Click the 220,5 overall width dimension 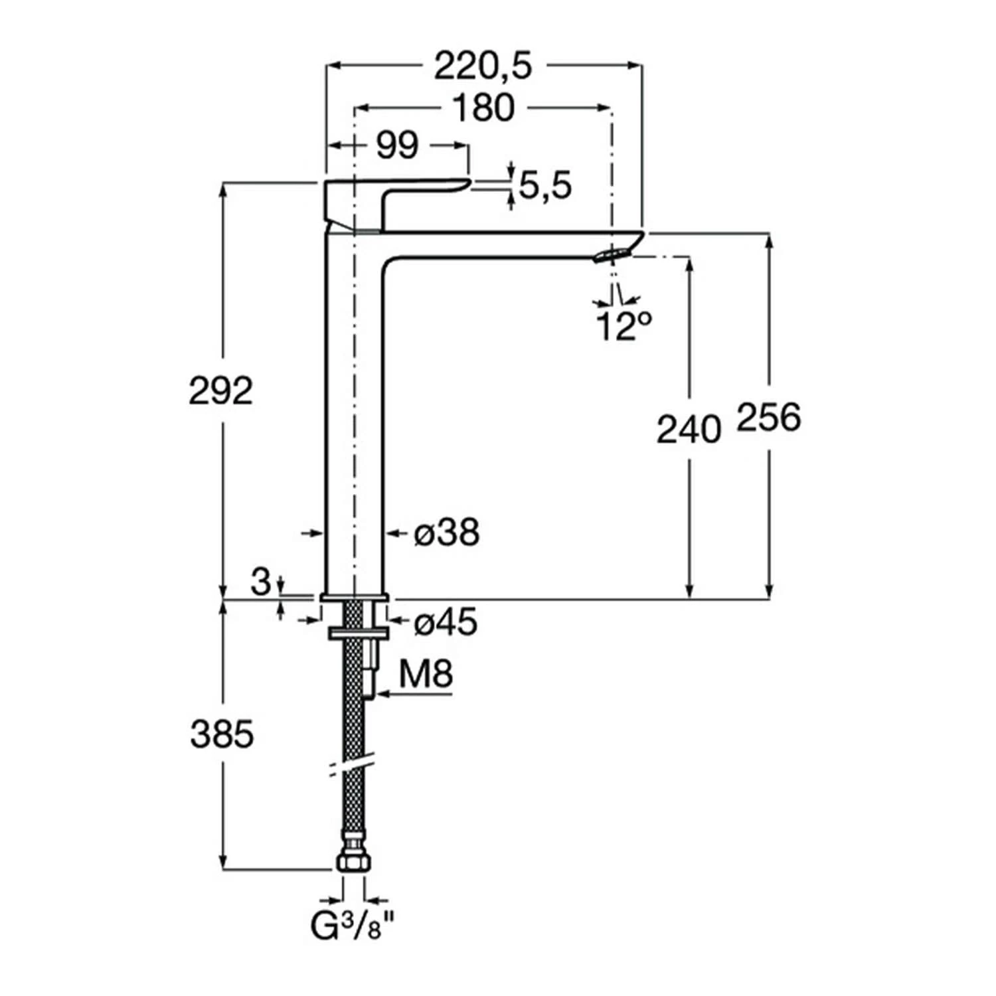tap(483, 66)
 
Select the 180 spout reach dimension tap(483, 108)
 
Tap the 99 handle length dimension tap(397, 145)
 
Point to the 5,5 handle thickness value tap(544, 186)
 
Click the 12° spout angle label tap(623, 326)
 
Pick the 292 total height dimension tap(221, 390)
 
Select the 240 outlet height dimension tap(689, 429)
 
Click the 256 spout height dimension tap(769, 418)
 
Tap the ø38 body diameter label tap(447, 533)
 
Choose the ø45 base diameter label tap(446, 623)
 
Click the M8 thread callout tap(426, 675)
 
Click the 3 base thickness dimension tap(262, 582)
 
